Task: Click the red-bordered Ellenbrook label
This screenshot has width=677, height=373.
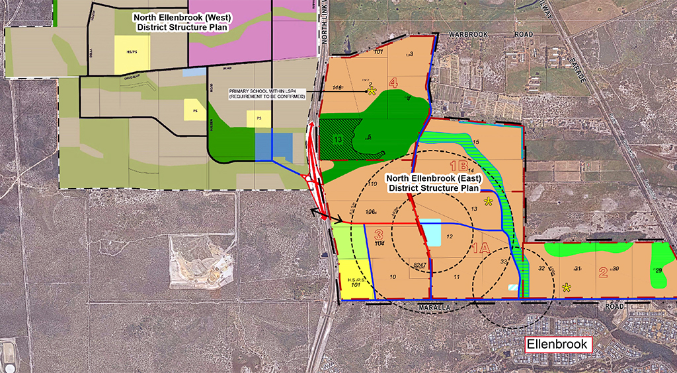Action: tap(557, 345)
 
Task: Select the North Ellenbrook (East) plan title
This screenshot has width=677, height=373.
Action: tap(436, 183)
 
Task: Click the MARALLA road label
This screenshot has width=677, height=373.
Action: tap(437, 307)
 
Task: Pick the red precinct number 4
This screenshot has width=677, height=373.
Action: tap(393, 83)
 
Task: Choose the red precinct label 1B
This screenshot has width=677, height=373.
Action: tap(459, 166)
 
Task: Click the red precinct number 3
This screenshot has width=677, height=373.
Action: tap(379, 234)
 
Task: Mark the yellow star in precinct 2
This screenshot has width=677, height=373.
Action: tap(567, 287)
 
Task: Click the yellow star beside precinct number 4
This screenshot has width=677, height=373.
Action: tap(372, 90)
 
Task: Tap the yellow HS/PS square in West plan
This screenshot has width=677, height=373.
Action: tap(132, 53)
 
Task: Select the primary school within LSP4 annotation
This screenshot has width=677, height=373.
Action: tap(266, 94)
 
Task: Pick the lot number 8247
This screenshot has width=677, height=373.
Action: tap(418, 265)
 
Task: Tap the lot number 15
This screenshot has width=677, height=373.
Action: tap(476, 143)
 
